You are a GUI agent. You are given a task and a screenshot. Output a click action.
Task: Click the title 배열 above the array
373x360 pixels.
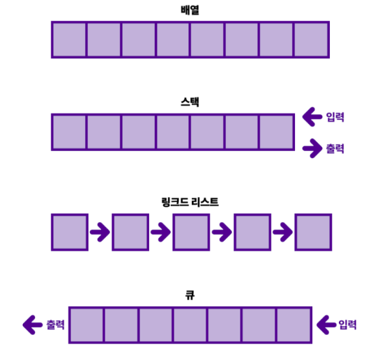tap(190, 10)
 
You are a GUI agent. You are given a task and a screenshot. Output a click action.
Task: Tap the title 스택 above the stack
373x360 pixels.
tap(190, 102)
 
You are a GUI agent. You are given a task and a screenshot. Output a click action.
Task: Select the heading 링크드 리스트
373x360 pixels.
tap(190, 202)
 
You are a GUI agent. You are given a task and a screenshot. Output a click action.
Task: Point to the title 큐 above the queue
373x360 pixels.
tap(190, 295)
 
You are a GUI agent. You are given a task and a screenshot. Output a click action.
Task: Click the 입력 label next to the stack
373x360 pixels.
tap(335, 117)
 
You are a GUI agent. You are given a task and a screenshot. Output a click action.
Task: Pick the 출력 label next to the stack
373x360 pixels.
tap(335, 148)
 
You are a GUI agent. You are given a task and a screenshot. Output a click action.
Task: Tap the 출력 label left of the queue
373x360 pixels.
tap(55, 324)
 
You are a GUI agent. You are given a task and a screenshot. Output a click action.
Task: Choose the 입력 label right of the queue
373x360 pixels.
tap(347, 324)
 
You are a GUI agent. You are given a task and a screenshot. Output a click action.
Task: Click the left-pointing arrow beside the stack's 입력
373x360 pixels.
tap(312, 117)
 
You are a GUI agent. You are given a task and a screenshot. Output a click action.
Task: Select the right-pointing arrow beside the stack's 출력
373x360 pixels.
tap(312, 148)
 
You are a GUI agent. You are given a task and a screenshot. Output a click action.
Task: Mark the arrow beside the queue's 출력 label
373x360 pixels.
tap(33, 324)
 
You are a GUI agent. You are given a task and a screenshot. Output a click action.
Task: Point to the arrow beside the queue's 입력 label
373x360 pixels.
tap(326, 324)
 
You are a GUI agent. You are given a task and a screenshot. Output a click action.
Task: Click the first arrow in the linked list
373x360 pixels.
tap(100, 232)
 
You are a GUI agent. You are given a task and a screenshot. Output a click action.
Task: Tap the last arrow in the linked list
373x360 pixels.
tap(282, 232)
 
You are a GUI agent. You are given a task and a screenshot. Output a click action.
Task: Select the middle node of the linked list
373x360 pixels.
tap(191, 232)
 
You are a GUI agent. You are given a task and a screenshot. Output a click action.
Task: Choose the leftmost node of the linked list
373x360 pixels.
tap(70, 232)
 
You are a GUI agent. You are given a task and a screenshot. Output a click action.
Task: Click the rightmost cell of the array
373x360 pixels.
tap(311, 40)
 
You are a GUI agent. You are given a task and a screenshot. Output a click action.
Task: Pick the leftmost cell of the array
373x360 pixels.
tap(69, 40)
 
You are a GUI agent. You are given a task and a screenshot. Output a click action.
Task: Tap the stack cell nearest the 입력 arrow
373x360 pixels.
tap(276, 132)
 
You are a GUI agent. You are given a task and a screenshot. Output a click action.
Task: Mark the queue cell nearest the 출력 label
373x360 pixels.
tap(86, 325)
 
